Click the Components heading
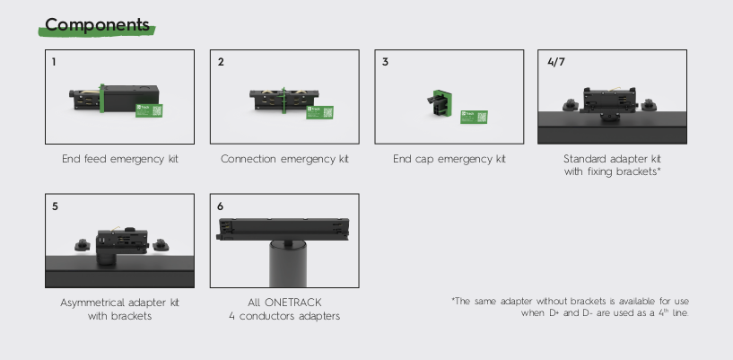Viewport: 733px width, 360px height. tap(97, 25)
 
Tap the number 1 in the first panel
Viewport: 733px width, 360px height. tap(54, 62)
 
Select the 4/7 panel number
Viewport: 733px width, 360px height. tap(556, 62)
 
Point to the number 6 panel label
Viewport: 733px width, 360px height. tap(220, 206)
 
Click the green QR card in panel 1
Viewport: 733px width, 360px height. tap(149, 110)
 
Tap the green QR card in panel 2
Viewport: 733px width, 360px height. tap(319, 112)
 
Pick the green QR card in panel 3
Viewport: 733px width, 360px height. tap(474, 117)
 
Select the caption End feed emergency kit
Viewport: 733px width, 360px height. tap(120, 159)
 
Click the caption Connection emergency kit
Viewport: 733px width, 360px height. tap(284, 159)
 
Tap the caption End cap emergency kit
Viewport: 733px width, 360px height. tap(449, 159)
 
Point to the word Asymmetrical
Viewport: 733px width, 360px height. tap(92, 303)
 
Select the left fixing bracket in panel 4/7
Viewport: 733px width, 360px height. tap(571, 105)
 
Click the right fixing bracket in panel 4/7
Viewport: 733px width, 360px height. tap(649, 105)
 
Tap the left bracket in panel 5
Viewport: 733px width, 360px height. tap(83, 245)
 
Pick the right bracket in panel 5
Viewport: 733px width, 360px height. tap(161, 245)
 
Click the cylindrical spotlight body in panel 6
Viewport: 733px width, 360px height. tap(288, 264)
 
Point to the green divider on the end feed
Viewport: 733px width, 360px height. tap(101, 98)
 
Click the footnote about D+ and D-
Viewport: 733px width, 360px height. tap(570, 307)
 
